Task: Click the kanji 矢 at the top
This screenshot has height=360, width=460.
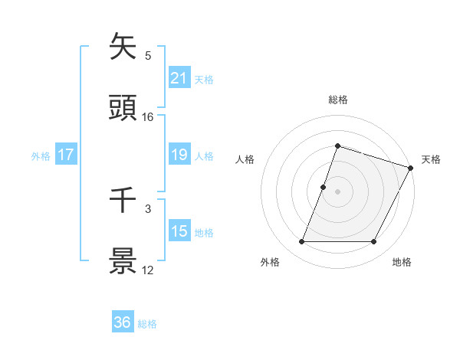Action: [x=123, y=47]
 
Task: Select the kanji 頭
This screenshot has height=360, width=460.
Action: [x=123, y=108]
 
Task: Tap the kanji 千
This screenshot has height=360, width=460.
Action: [x=123, y=201]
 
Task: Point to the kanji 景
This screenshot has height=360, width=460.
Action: [x=123, y=261]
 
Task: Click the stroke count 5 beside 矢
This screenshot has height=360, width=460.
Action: [x=148, y=56]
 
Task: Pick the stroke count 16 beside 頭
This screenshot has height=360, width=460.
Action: [x=148, y=116]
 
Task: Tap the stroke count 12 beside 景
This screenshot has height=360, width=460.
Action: [x=148, y=270]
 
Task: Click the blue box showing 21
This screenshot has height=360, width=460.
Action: [x=179, y=78]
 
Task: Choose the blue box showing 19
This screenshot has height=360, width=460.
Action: [x=179, y=155]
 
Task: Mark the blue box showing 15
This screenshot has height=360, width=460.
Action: [x=179, y=231]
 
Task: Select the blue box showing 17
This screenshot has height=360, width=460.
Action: [x=66, y=155]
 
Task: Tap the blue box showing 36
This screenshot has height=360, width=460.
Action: [x=123, y=323]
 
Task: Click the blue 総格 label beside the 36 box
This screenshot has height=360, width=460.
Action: [x=147, y=324]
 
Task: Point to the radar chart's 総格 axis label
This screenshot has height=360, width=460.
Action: [x=337, y=100]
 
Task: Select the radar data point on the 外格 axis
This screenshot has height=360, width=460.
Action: [x=302, y=242]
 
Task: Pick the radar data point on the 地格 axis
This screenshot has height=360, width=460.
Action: [x=373, y=242]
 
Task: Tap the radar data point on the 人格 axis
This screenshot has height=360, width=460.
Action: [x=324, y=187]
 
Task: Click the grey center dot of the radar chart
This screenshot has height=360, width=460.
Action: [x=337, y=191]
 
